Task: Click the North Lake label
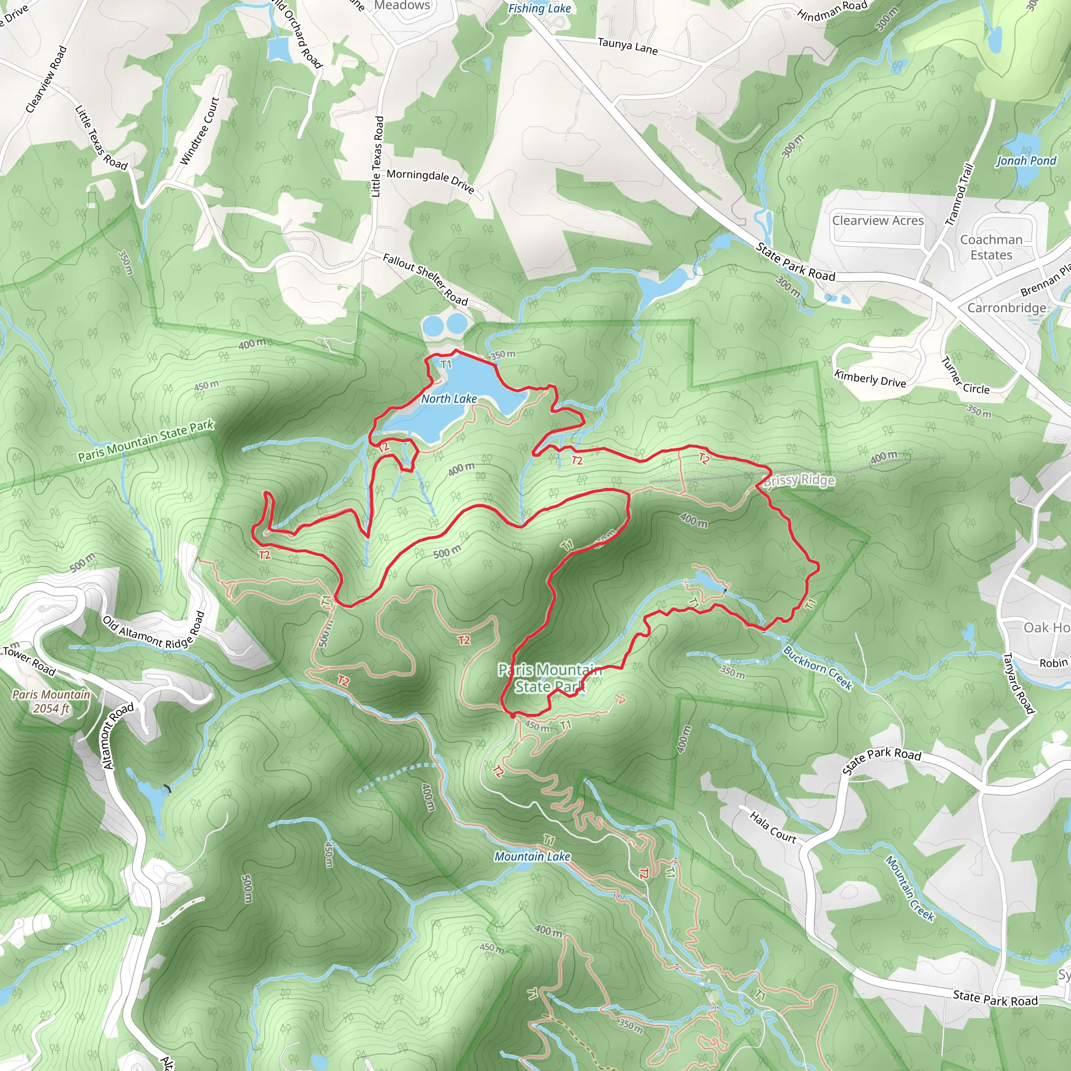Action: pos(449,398)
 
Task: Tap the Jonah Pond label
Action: pos(1026,161)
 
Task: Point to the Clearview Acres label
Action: pos(878,221)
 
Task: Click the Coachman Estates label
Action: pos(991,247)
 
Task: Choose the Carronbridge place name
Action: pos(1007,307)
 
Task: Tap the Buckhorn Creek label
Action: pos(817,667)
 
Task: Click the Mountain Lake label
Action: pos(532,857)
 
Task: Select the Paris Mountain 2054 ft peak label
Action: pos(51,701)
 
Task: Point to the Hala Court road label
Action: pos(773,827)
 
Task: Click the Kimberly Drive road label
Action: pos(870,379)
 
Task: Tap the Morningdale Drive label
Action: pos(430,181)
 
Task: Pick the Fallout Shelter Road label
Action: pos(425,279)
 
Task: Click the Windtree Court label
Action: pos(200,131)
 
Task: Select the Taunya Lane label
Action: pos(628,46)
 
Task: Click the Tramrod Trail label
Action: pos(960,194)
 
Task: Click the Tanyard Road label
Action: pos(1019,683)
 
